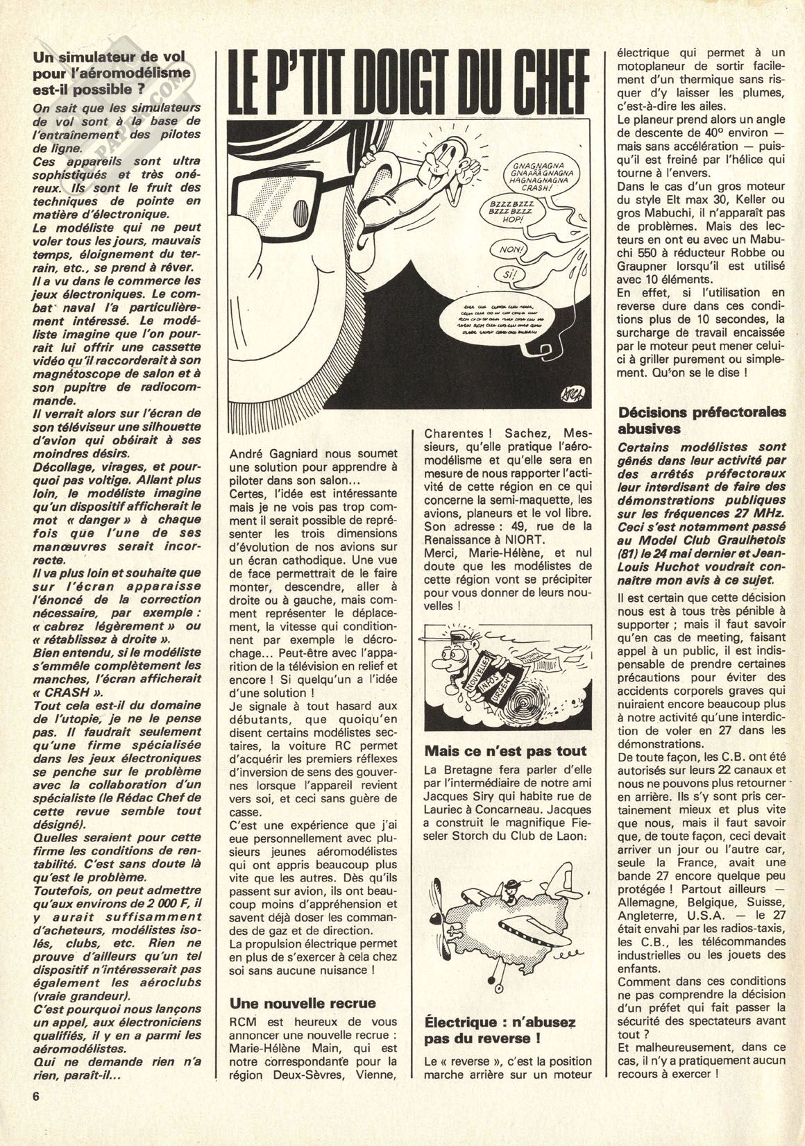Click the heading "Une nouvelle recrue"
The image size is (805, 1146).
pos(302,1002)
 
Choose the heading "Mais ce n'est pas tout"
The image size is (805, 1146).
pos(505,750)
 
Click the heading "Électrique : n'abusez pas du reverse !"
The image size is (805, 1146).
pos(500,1031)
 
